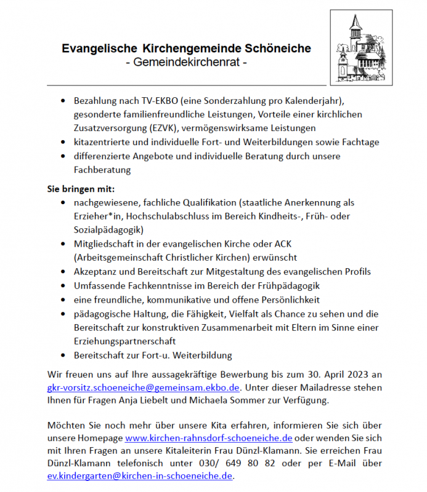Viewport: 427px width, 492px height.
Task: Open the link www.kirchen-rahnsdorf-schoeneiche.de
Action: pos(208,438)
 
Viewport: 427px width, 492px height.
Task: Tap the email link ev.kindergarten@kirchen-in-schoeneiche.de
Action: pos(140,476)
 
